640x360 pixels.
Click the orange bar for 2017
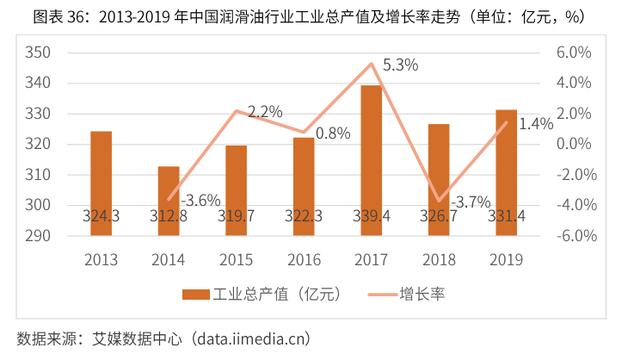(x=370, y=160)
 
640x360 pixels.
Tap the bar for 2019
(x=506, y=170)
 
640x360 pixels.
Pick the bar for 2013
(x=101, y=180)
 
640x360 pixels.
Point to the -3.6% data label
(x=201, y=200)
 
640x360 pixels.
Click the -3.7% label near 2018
(x=470, y=200)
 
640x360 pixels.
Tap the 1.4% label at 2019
(x=537, y=125)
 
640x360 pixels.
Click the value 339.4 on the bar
(x=370, y=214)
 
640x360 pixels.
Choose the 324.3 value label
(x=101, y=214)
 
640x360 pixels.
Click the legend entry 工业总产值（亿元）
(x=260, y=294)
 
